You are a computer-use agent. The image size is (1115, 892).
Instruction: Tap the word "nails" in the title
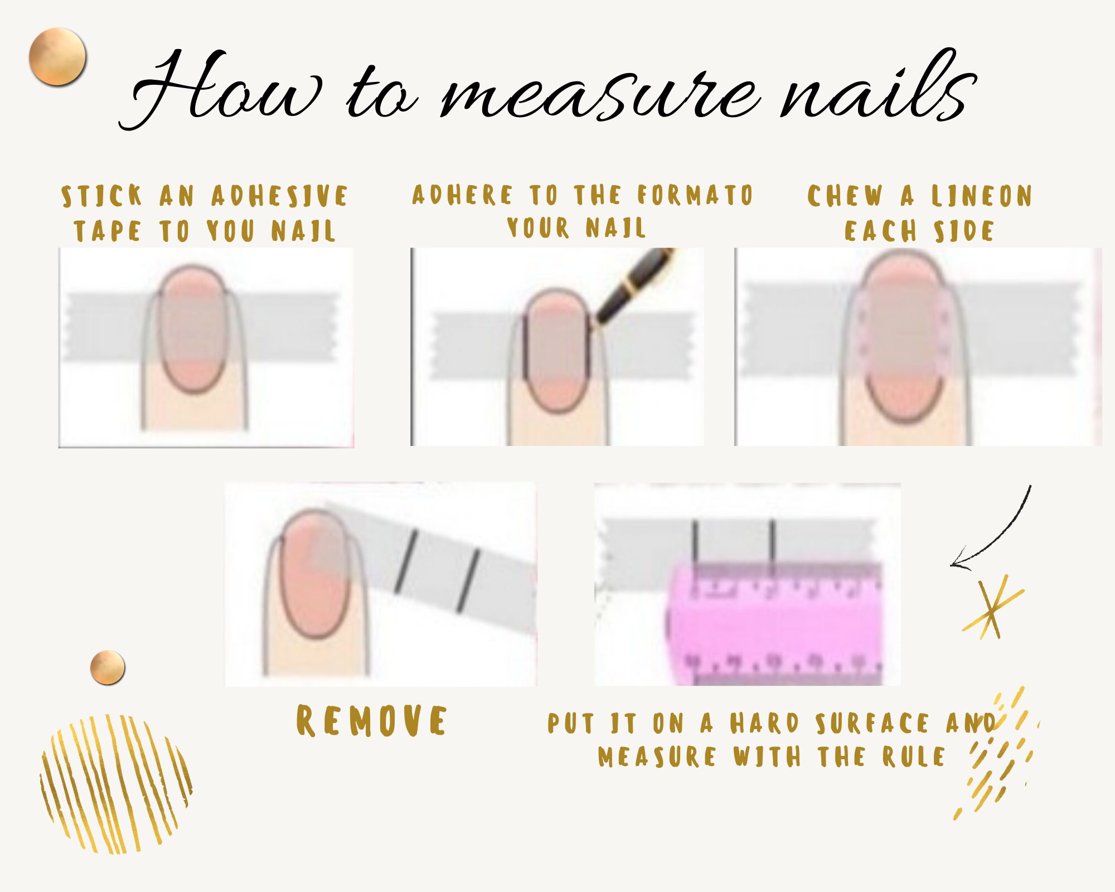[x=878, y=89]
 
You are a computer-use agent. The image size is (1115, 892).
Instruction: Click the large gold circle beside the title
[x=57, y=57]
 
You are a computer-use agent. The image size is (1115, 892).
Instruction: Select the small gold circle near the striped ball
[x=107, y=667]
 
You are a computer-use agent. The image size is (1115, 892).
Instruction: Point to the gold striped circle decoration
[x=116, y=783]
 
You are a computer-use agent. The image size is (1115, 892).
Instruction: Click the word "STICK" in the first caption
[x=101, y=196]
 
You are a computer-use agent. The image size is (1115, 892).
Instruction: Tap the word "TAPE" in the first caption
[x=107, y=231]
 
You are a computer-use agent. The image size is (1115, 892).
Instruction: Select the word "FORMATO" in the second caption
[x=695, y=195]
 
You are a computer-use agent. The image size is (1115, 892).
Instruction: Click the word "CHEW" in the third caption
[x=845, y=196]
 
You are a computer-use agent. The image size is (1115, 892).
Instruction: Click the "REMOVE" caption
[x=371, y=721]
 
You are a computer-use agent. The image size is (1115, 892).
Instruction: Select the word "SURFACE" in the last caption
[x=872, y=723]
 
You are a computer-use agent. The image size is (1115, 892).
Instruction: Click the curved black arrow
[x=998, y=535]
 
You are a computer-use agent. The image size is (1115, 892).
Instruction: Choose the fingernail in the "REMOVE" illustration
[x=314, y=574]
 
